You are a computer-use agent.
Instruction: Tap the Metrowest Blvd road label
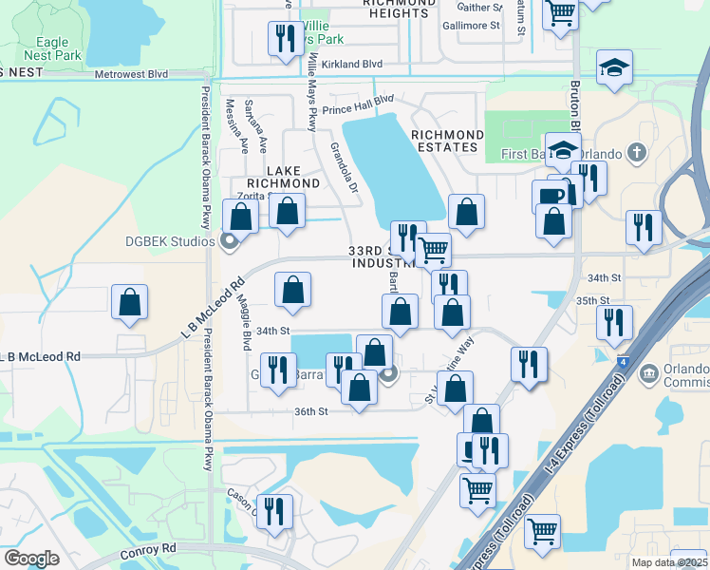(x=131, y=73)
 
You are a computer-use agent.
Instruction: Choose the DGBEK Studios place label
(x=170, y=240)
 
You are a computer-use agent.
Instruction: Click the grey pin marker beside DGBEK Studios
(x=229, y=240)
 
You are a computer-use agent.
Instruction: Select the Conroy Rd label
(x=149, y=549)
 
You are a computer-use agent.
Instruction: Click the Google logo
(x=30, y=559)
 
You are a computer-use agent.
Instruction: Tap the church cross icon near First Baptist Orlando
(x=637, y=153)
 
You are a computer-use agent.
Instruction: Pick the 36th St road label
(x=310, y=411)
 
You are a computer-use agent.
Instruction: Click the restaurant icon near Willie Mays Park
(x=283, y=39)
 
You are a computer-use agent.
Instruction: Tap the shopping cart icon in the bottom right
(x=542, y=531)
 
